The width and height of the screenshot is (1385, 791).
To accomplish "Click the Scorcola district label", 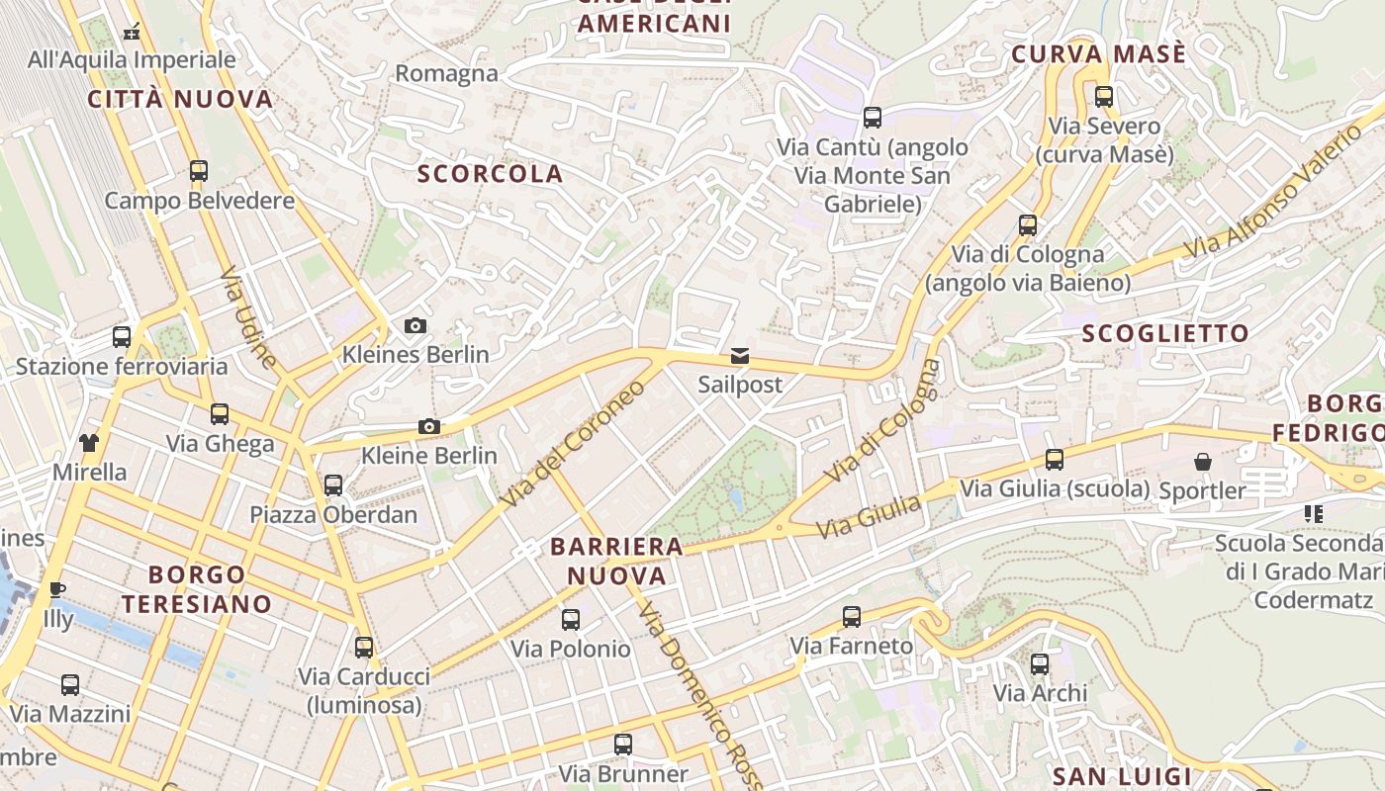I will (x=490, y=174).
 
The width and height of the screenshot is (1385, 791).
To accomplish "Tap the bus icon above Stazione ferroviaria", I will (x=122, y=337).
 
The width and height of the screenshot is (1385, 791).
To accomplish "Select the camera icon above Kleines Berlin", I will (x=415, y=325).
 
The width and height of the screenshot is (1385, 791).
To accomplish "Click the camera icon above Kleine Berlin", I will (x=428, y=426).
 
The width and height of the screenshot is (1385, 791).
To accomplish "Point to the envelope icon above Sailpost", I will (x=740, y=356).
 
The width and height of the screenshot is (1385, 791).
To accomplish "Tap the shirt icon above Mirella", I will (x=89, y=442).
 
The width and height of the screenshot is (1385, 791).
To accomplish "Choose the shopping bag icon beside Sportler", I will (x=1202, y=462).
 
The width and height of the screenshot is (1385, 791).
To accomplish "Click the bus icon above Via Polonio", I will (x=571, y=620).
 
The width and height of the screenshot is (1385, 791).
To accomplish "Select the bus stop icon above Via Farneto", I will (x=851, y=617).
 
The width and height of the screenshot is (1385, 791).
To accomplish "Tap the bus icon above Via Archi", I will (x=1040, y=664).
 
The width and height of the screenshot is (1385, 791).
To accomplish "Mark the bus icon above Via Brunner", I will (x=622, y=745).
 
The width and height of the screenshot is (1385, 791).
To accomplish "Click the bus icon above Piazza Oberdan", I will (x=333, y=485).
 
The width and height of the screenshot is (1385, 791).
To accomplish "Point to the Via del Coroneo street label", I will (x=573, y=443).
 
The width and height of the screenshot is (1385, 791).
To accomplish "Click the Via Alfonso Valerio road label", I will (x=1275, y=192).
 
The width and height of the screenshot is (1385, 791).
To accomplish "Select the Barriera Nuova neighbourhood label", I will (x=616, y=561).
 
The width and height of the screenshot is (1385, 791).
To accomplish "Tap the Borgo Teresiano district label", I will (x=196, y=589).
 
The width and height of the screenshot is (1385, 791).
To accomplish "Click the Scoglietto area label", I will (x=1165, y=334).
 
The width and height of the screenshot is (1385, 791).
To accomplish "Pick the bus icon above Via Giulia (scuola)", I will (x=1055, y=460).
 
